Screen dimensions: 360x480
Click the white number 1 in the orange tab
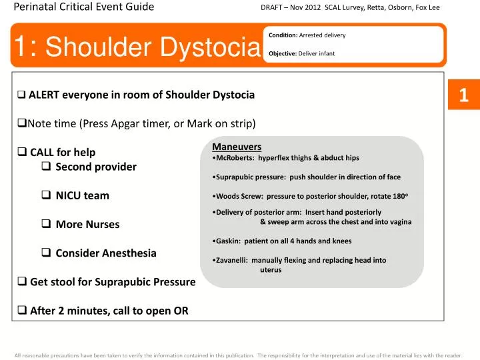tap(464, 96)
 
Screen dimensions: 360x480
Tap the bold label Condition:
tap(283, 35)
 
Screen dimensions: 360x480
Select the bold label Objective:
tap(282, 53)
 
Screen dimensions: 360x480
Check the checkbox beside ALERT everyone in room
tap(21, 95)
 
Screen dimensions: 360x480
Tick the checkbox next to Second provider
tap(47, 167)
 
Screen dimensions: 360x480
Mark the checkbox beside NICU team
tap(47, 195)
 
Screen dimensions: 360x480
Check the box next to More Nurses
tap(47, 224)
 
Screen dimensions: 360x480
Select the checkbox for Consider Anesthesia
tap(47, 253)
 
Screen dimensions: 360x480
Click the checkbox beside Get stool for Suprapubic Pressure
tap(21, 282)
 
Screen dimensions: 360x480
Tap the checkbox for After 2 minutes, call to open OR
tap(21, 311)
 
